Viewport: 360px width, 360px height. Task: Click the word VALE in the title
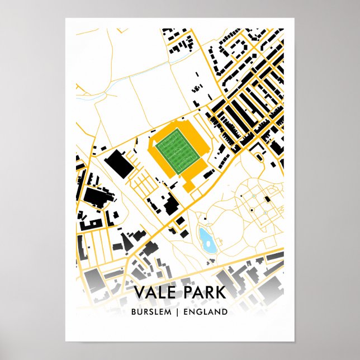[158, 292]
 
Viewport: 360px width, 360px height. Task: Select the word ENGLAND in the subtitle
[209, 311]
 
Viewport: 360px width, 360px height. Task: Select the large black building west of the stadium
[119, 163]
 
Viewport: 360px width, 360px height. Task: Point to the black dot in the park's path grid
[253, 210]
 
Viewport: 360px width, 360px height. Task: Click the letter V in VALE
[139, 292]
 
